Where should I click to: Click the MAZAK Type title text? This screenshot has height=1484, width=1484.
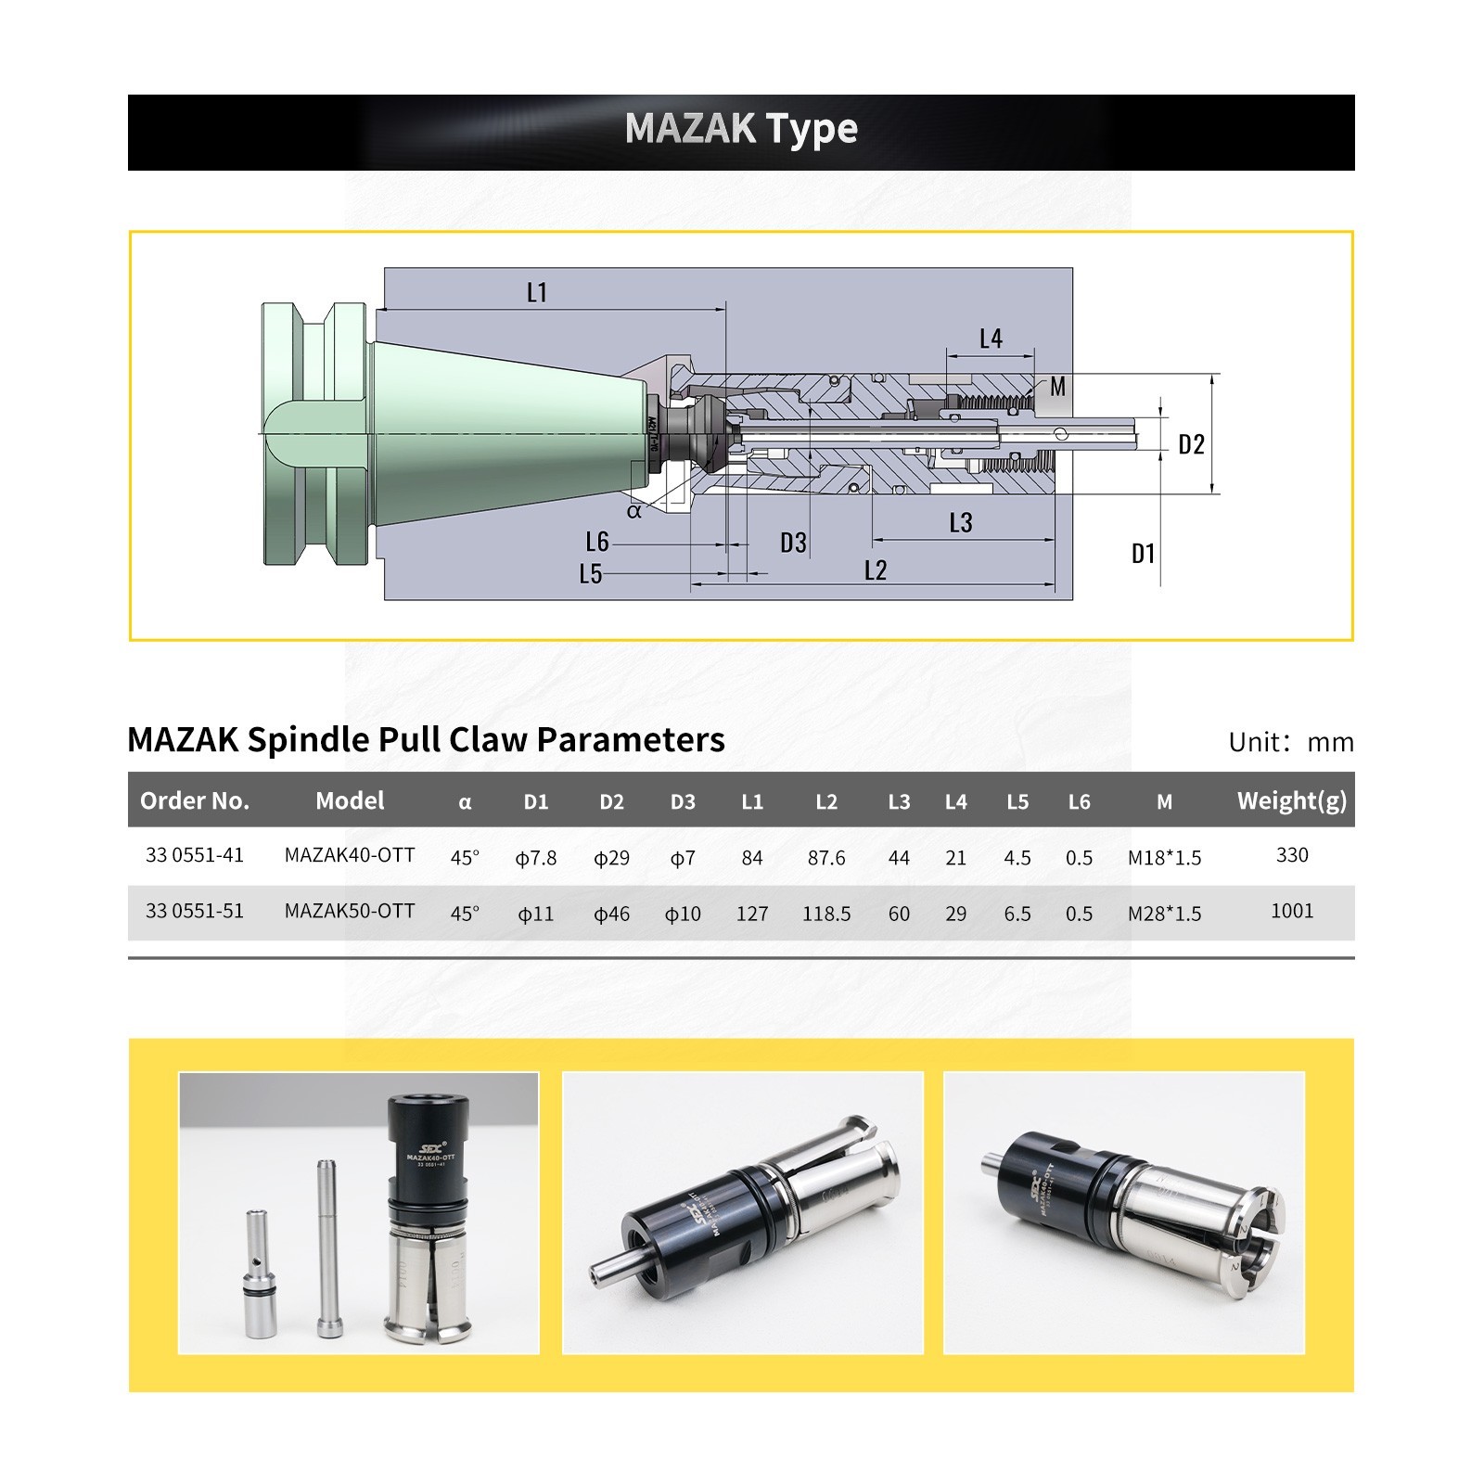point(740,128)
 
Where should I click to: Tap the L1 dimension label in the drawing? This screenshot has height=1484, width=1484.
point(536,293)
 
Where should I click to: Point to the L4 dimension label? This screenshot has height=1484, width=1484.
point(991,339)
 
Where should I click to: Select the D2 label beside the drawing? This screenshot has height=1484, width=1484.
point(1191,445)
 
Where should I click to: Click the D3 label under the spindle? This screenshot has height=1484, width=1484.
point(793,543)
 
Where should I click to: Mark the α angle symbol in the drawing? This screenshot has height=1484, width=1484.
point(634,511)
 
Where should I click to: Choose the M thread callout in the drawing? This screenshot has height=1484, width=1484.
point(1057,386)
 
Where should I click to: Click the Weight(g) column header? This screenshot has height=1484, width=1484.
point(1291,800)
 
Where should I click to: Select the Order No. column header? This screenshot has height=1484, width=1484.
point(195,800)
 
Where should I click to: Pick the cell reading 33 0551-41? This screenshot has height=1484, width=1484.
point(195,855)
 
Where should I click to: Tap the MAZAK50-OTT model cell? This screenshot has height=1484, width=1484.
point(349,911)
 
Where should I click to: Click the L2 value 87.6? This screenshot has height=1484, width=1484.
point(825,858)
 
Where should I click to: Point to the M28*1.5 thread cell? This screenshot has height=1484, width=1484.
point(1164,914)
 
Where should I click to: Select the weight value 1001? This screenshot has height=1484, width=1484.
point(1291,911)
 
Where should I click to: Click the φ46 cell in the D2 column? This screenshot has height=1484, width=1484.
point(611,914)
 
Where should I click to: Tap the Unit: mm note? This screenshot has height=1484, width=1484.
point(1290,742)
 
